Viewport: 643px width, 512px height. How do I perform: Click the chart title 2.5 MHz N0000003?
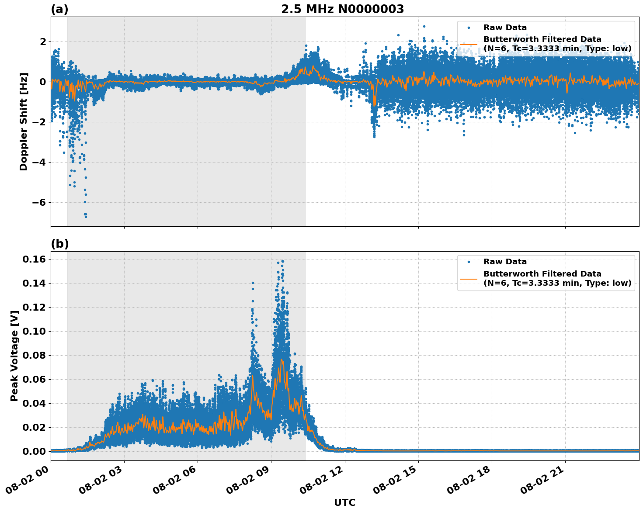point(342,9)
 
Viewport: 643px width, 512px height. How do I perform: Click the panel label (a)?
point(59,9)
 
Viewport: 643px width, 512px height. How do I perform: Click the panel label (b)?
point(59,244)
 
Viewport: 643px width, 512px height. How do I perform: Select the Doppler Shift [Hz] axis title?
point(24,121)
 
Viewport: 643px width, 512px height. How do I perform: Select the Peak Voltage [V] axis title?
point(14,356)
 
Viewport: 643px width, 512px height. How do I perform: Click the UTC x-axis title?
point(344,502)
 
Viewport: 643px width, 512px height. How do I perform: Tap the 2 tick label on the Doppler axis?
point(42,42)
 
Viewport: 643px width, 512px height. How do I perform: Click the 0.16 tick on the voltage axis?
point(34,259)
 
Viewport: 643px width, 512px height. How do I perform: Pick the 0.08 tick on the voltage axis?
point(34,356)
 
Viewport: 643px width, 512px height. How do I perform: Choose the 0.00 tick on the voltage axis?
point(34,452)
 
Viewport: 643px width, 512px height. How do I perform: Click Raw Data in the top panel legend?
point(505,28)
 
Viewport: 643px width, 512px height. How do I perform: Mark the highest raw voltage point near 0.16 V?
point(282,261)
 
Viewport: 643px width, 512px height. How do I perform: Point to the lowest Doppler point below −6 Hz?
point(86,217)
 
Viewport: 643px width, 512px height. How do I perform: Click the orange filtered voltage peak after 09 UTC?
point(282,360)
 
